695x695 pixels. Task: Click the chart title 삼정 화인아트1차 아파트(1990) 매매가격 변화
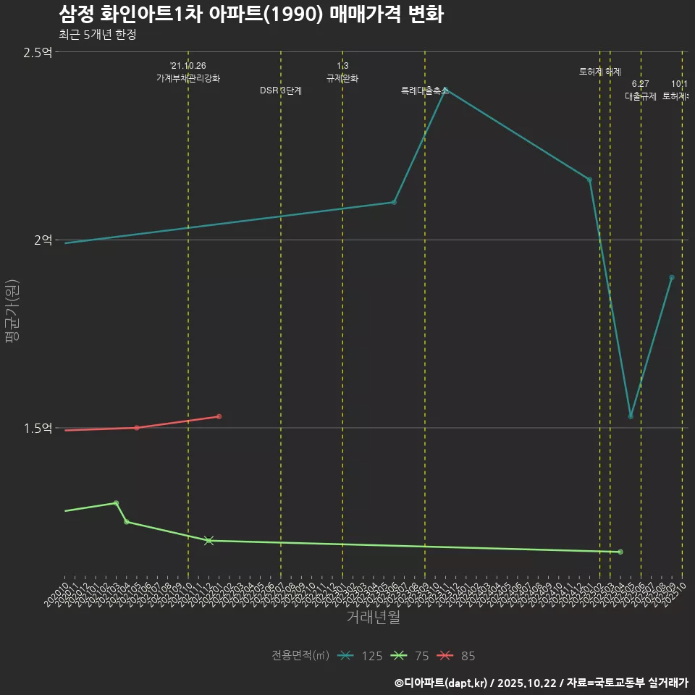[x=250, y=14]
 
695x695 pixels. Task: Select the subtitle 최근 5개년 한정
[x=97, y=35]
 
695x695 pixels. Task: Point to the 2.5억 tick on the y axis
[x=38, y=52]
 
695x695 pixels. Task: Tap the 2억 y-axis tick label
[x=43, y=240]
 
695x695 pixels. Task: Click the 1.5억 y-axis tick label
[x=38, y=428]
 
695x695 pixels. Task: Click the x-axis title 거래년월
[x=373, y=618]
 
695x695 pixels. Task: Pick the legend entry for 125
[x=360, y=656]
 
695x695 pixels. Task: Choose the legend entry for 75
[x=410, y=656]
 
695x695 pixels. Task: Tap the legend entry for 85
[x=457, y=656]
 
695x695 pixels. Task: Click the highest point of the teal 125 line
[x=445, y=90]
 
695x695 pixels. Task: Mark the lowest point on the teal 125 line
[x=631, y=416]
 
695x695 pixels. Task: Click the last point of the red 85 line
[x=219, y=416]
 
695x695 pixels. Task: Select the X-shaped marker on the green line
[x=208, y=540]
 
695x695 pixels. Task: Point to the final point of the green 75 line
[x=620, y=552]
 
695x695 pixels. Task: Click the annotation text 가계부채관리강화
[x=188, y=78]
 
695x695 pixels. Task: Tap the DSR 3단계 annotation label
[x=281, y=91]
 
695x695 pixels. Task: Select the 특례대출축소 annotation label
[x=425, y=91]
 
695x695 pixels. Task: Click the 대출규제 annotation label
[x=641, y=96]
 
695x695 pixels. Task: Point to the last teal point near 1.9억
[x=672, y=277]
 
